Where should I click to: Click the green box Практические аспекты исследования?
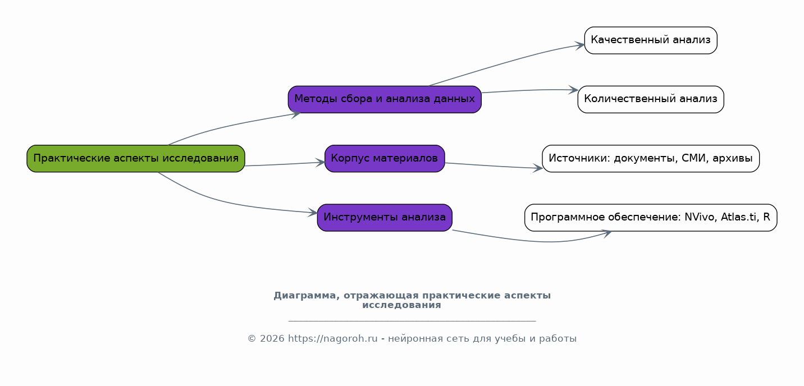(x=136, y=159)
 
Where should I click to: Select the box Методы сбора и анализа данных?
(x=385, y=99)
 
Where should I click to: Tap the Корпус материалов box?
(x=385, y=159)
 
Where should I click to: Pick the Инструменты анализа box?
(x=385, y=218)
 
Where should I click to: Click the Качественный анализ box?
(x=650, y=40)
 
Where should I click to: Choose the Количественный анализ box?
(x=650, y=99)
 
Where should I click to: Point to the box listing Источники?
(x=650, y=159)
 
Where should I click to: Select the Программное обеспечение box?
(x=650, y=218)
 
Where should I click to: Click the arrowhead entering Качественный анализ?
(x=580, y=45)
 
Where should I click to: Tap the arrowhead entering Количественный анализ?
(x=573, y=90)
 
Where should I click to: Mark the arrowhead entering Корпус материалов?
(x=320, y=163)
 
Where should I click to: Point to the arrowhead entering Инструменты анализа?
(x=313, y=213)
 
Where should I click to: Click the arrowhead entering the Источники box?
(x=538, y=168)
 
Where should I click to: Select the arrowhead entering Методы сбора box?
(x=296, y=115)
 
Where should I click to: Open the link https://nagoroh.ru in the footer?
(x=333, y=339)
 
